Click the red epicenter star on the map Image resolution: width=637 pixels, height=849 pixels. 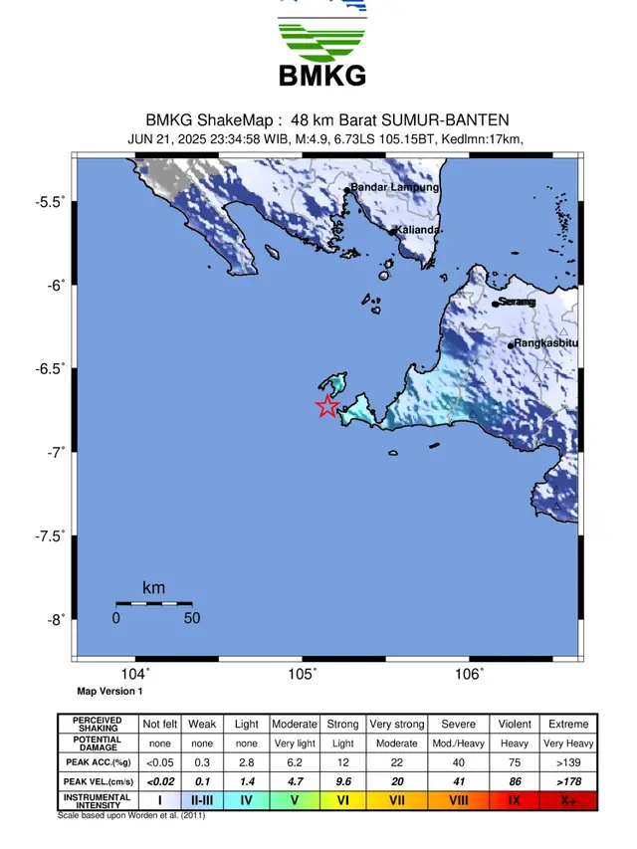coord(326,405)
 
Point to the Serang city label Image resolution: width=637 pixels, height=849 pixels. coord(517,302)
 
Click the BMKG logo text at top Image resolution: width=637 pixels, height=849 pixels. coord(320,75)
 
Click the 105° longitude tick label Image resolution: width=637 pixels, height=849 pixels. coord(303,675)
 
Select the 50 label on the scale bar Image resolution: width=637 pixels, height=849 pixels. coord(192,618)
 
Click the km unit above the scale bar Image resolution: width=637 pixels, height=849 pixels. coord(153,588)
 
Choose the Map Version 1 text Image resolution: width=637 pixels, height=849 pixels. coord(109,691)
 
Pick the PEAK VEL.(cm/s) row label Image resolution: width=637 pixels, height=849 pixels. coord(98,781)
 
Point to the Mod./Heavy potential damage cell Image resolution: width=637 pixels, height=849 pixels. coord(458,743)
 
